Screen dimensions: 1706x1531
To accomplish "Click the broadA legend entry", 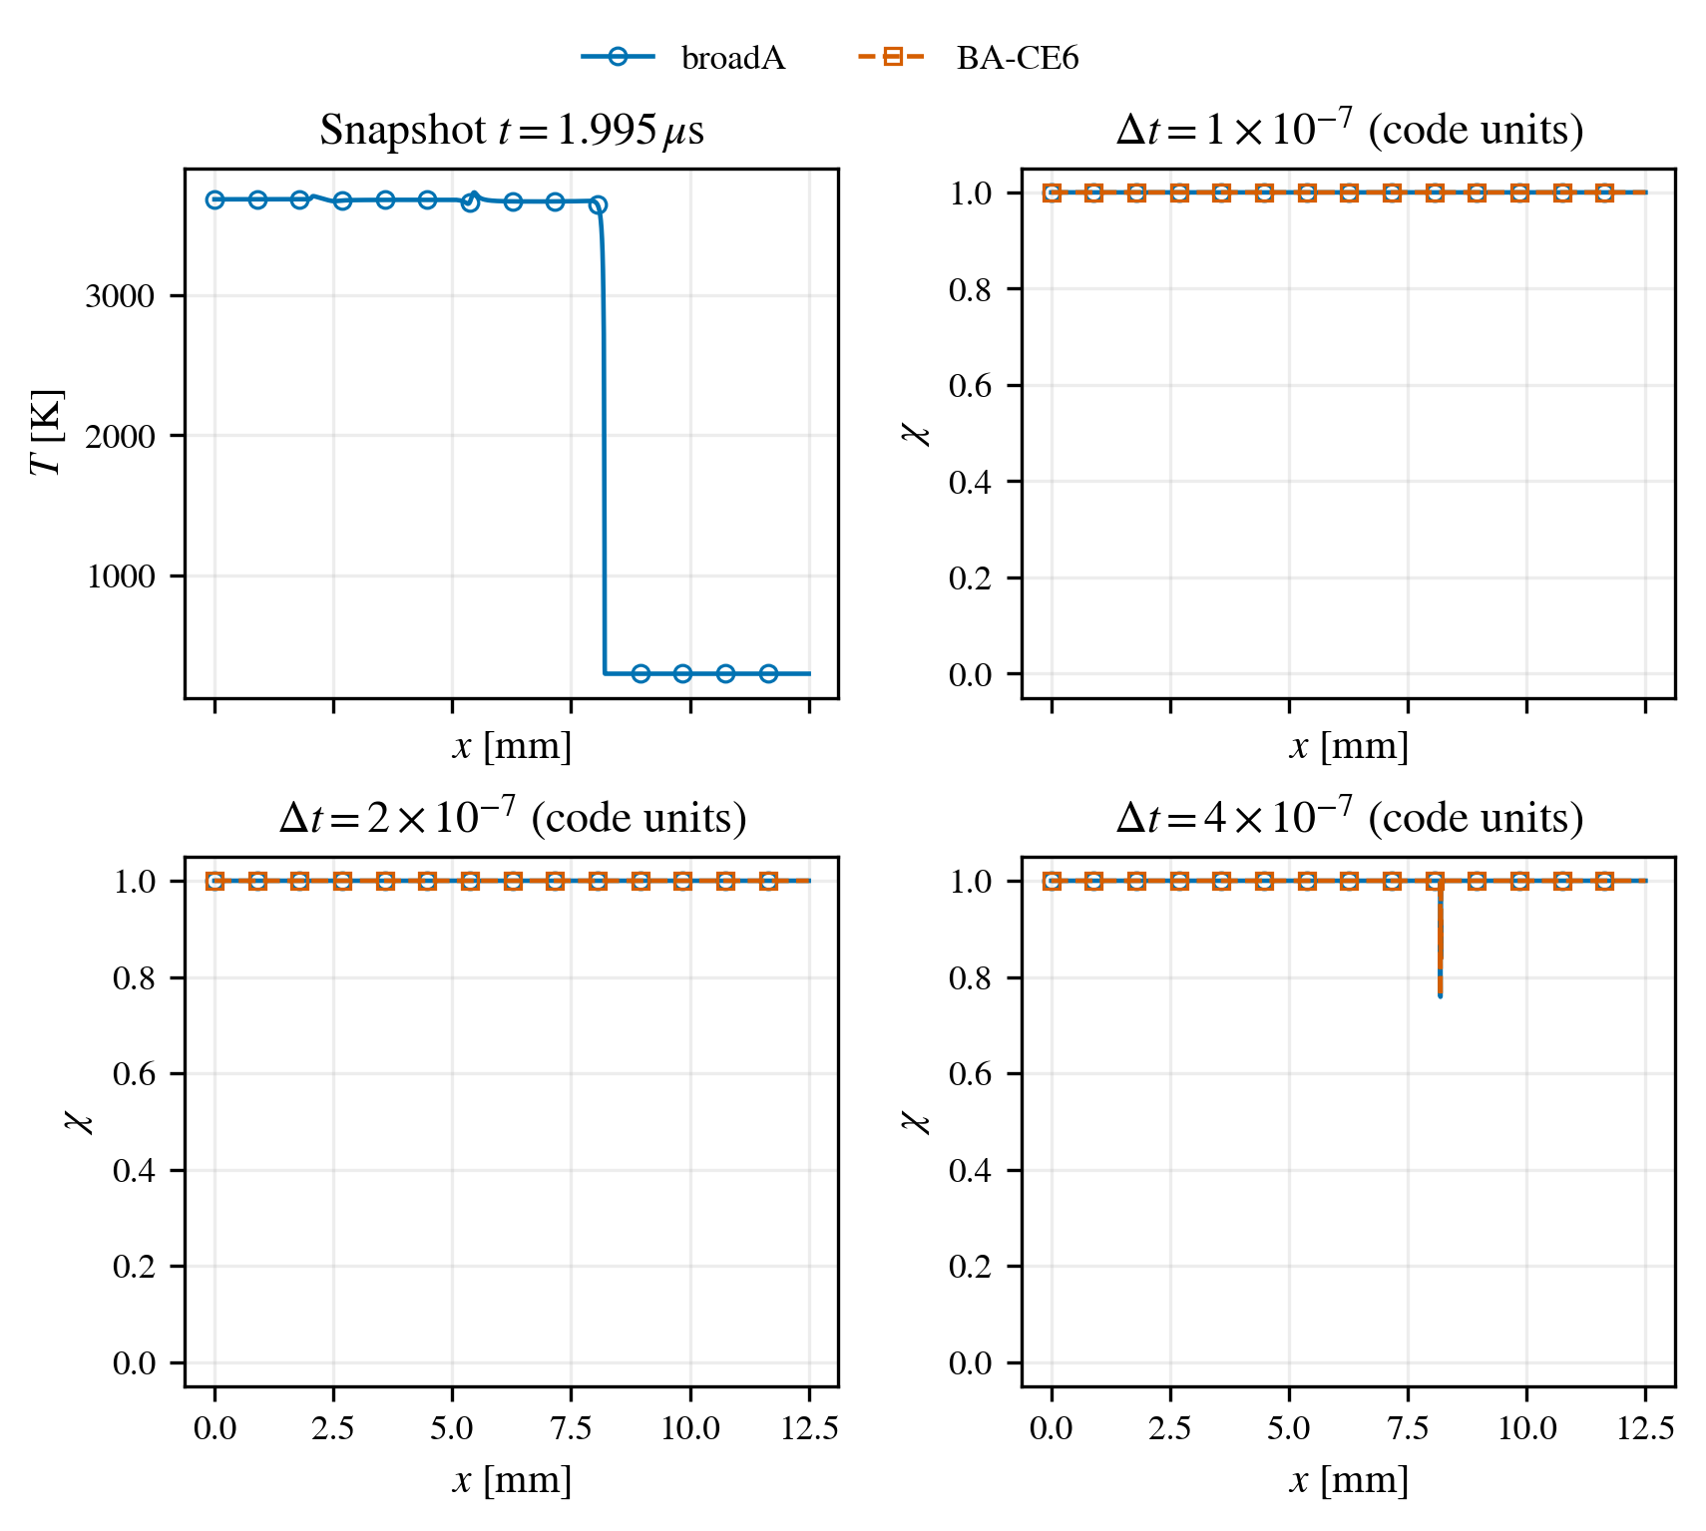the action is (x=683, y=58).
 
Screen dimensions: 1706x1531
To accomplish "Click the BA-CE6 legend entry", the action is (x=968, y=58).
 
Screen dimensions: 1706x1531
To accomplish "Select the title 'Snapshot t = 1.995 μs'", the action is (x=512, y=130).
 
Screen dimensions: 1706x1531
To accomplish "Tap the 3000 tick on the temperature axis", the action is (x=120, y=296).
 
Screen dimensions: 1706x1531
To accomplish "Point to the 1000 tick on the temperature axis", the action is (x=120, y=576).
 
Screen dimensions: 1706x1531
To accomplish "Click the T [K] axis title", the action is (x=48, y=433).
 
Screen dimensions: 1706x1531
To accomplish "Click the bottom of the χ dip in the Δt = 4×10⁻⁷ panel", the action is (x=1440, y=994).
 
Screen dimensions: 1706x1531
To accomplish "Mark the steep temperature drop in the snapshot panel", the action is (x=603, y=439).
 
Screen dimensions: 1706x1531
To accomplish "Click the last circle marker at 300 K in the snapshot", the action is (x=768, y=673).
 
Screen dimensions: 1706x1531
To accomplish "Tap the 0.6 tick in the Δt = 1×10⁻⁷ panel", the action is (x=971, y=386).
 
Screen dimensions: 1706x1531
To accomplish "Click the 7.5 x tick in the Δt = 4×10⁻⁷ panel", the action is (x=1408, y=1429).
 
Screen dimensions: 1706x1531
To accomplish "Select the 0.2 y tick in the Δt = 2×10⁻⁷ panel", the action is (x=135, y=1267).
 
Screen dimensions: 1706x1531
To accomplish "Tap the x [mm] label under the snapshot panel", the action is (x=512, y=746).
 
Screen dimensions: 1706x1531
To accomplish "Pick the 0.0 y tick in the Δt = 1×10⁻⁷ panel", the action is (x=971, y=675).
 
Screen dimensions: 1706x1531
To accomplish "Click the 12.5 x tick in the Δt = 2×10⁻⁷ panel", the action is (x=809, y=1429).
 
